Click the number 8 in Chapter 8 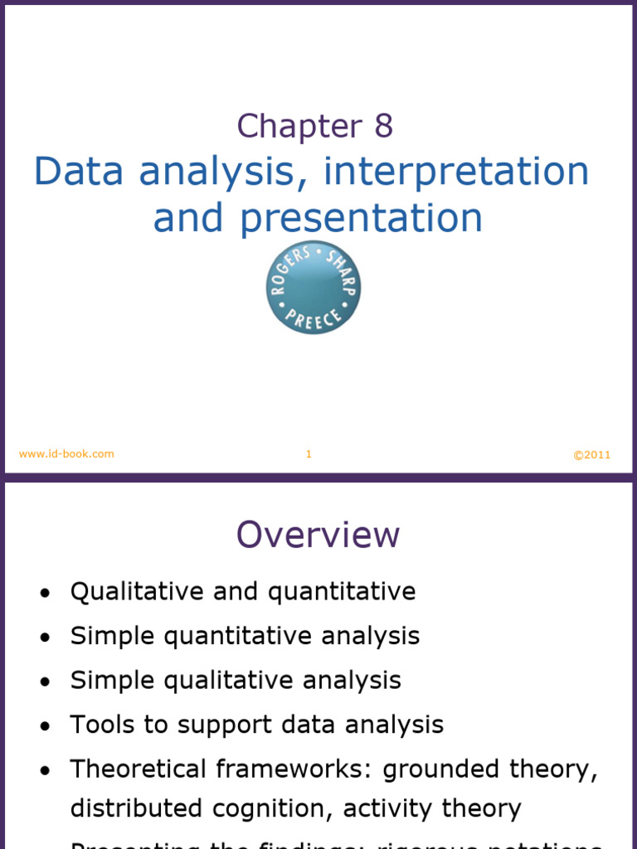[x=382, y=126]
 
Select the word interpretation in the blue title [x=456, y=172]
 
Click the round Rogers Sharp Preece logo [x=314, y=288]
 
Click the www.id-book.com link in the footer [x=66, y=454]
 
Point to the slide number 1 [x=309, y=454]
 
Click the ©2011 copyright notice [x=591, y=454]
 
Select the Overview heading [x=318, y=535]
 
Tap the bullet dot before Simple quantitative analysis [x=45, y=638]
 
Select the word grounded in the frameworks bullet [x=437, y=769]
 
